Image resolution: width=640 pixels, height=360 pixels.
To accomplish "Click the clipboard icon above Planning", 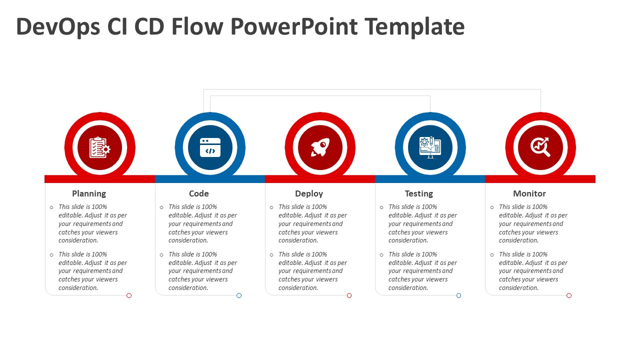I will coord(99,148).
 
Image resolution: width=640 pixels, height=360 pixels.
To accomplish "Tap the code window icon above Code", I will coord(210,148).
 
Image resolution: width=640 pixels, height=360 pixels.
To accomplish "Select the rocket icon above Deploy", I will coord(320,148).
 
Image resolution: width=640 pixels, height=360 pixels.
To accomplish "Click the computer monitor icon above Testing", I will coord(430,148).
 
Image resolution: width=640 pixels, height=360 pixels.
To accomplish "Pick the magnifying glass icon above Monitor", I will coord(540,148).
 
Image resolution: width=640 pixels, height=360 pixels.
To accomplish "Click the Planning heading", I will coord(89,193).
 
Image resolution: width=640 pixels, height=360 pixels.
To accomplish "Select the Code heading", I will coord(199,193).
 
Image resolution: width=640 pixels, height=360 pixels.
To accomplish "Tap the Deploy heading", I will coord(309,193).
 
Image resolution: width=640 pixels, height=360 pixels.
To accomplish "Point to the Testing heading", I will coord(419,193).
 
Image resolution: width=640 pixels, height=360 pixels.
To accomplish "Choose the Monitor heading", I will coord(529,193).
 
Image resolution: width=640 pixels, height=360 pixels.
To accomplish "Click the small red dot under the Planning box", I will coord(129,295).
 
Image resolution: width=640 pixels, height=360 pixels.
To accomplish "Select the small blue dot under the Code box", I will coord(239,295).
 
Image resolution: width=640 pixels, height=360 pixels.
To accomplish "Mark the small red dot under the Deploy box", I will coord(349,295).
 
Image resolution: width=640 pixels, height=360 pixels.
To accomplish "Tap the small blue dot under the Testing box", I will coord(458,295).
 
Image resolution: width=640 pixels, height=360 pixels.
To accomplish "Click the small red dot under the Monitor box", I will coord(569,295).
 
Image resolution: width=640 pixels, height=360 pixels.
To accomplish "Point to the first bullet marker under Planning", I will coord(51,207).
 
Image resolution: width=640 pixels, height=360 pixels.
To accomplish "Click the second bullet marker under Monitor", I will coord(492,255).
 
